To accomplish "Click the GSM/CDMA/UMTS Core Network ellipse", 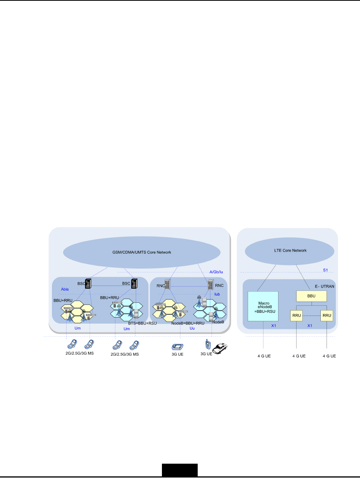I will [x=142, y=252].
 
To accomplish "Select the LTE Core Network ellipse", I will [x=290, y=251].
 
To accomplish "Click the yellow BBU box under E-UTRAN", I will [x=311, y=296].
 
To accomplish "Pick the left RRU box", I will [x=297, y=316].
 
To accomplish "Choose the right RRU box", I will [x=327, y=316].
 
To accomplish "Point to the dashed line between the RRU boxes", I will [x=312, y=316].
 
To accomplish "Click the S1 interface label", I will [x=325, y=270].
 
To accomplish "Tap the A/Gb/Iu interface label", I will [x=216, y=272].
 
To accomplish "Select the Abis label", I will [x=65, y=289].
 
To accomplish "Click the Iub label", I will [x=217, y=294].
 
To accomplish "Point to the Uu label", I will [x=192, y=328].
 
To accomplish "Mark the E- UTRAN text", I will [x=325, y=286].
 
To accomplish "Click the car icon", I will [x=220, y=349].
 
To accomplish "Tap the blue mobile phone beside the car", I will [x=208, y=344].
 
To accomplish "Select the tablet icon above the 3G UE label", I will [x=177, y=346].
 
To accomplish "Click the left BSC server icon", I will [x=88, y=284].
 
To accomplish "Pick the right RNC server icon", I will [x=210, y=285].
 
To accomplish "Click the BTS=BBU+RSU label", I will [x=142, y=323].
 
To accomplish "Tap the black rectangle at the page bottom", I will [x=180, y=470].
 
